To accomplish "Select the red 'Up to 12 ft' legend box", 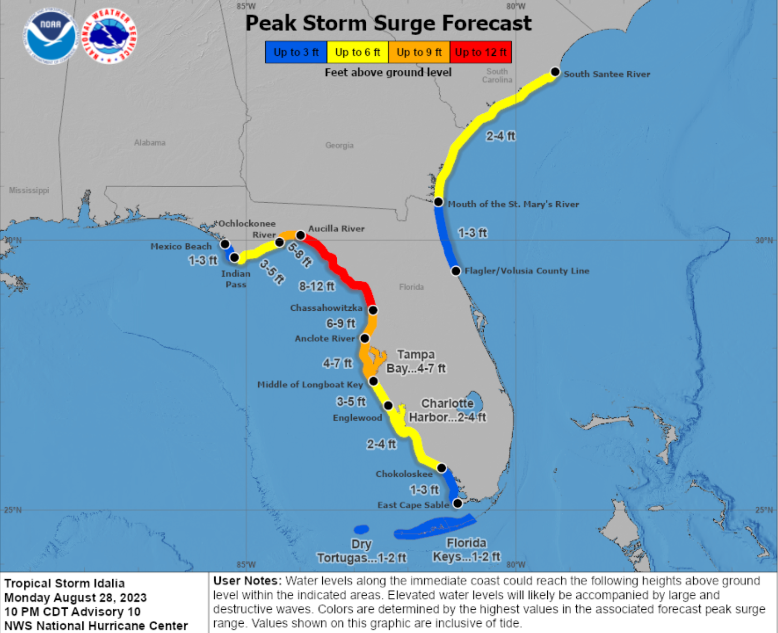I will (481, 52).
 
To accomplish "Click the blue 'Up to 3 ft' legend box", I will (296, 52).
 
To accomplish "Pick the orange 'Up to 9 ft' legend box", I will (419, 52).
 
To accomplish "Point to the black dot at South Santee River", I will (555, 72).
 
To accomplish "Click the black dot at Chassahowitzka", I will (372, 310).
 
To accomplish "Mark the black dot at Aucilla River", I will (300, 235).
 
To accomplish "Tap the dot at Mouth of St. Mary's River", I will (438, 202).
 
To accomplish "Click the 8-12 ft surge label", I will (317, 286).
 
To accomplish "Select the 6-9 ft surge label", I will (340, 323).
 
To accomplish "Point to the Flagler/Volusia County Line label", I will (527, 270).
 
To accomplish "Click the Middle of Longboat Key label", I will (310, 384).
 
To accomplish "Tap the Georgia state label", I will (339, 145).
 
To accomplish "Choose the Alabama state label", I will (149, 143).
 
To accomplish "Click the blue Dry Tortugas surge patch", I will (361, 529).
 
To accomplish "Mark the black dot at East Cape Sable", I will (457, 503).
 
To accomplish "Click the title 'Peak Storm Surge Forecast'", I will (388, 23).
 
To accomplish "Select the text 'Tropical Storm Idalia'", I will (65, 583).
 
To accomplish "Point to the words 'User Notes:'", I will (247, 581).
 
